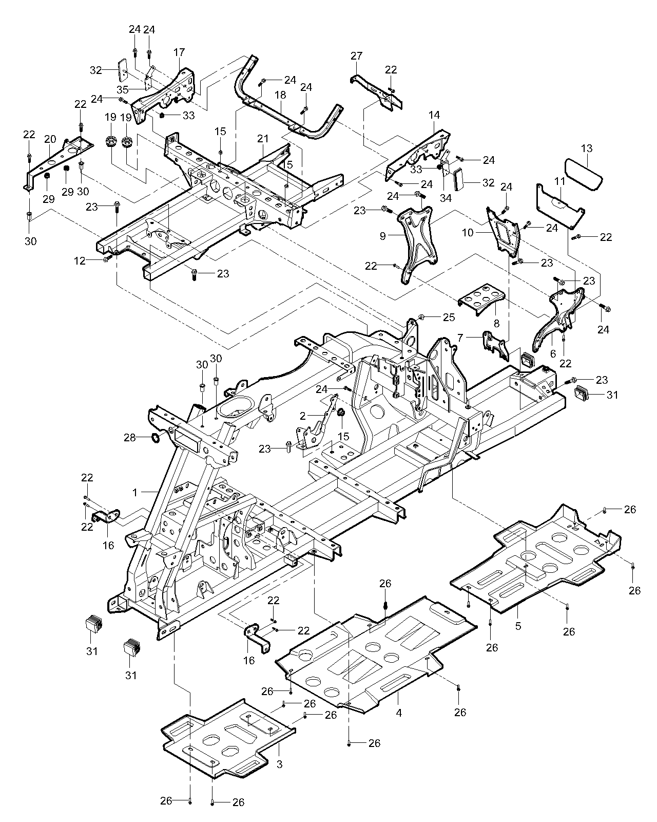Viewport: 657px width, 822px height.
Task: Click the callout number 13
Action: click(x=587, y=148)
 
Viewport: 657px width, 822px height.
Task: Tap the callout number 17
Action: click(x=179, y=52)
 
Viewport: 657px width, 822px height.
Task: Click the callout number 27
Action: click(x=357, y=55)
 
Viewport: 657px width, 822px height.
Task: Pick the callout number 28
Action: click(x=129, y=437)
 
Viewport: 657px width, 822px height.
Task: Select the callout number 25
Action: click(x=449, y=317)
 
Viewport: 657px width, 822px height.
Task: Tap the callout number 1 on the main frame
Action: click(x=135, y=492)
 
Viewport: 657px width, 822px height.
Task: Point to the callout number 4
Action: click(x=399, y=713)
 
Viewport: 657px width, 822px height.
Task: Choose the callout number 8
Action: click(x=496, y=324)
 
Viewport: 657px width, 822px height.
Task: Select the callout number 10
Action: click(x=468, y=232)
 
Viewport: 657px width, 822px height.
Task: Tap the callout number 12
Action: click(x=79, y=261)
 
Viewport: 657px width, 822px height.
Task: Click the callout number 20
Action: click(x=50, y=139)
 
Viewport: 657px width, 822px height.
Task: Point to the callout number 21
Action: click(x=263, y=139)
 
